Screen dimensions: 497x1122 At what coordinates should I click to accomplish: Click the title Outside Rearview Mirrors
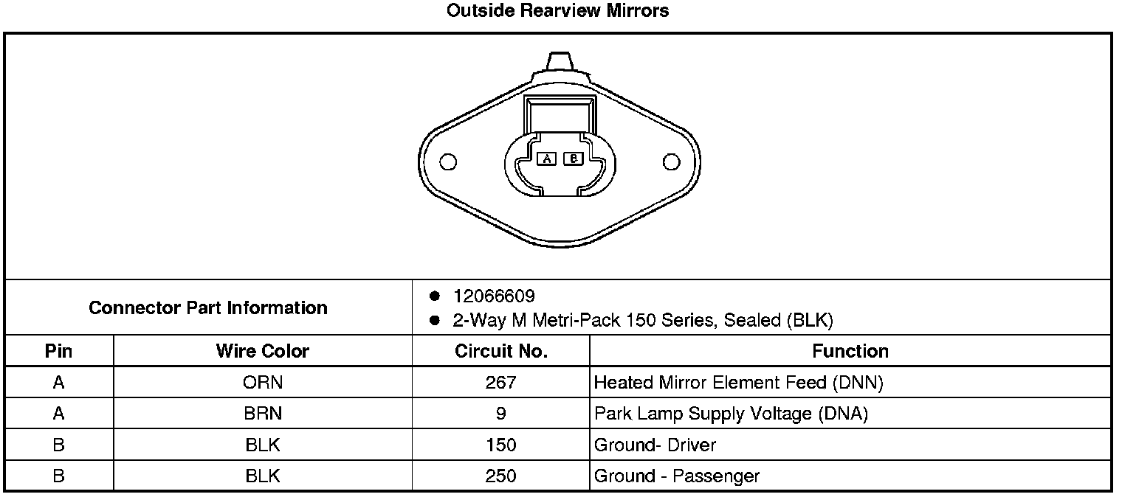(558, 11)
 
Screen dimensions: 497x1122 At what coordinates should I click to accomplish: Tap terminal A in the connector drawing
(546, 159)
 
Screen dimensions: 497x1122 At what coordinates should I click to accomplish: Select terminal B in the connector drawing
(574, 159)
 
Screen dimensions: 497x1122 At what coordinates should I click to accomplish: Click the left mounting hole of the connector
(447, 161)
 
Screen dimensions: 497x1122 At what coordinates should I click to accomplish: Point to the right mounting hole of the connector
(671, 161)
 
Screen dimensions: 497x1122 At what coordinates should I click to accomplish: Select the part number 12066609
(494, 296)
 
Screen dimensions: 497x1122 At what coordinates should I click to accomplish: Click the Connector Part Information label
(208, 307)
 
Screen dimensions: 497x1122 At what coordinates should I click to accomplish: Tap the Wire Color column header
(262, 351)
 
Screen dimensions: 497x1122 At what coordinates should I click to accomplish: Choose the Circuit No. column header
(501, 351)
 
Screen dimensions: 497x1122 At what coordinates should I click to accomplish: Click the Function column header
(850, 351)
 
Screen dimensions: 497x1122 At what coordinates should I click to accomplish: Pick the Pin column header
(59, 351)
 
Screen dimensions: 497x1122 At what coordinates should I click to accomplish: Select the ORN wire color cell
(262, 383)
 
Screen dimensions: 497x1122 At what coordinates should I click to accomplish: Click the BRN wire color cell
(262, 414)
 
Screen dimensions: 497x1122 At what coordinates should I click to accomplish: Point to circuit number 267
(501, 383)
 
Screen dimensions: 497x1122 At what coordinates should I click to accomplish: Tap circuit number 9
(501, 414)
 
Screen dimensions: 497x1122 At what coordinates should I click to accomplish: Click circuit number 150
(501, 445)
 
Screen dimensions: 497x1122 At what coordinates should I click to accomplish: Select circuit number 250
(501, 476)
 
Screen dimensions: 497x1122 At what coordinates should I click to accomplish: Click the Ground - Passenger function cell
(677, 476)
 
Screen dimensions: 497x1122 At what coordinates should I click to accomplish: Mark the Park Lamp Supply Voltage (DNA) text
(731, 414)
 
